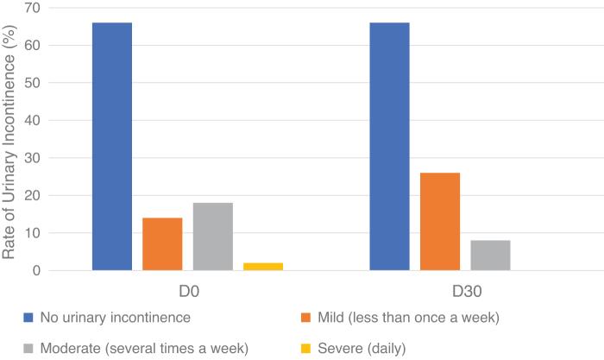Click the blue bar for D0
112,147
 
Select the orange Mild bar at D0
162,244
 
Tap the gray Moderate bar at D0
212,237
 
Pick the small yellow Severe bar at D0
262,267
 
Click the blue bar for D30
389,147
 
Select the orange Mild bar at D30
439,222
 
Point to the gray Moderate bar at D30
490,256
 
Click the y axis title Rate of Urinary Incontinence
11,138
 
